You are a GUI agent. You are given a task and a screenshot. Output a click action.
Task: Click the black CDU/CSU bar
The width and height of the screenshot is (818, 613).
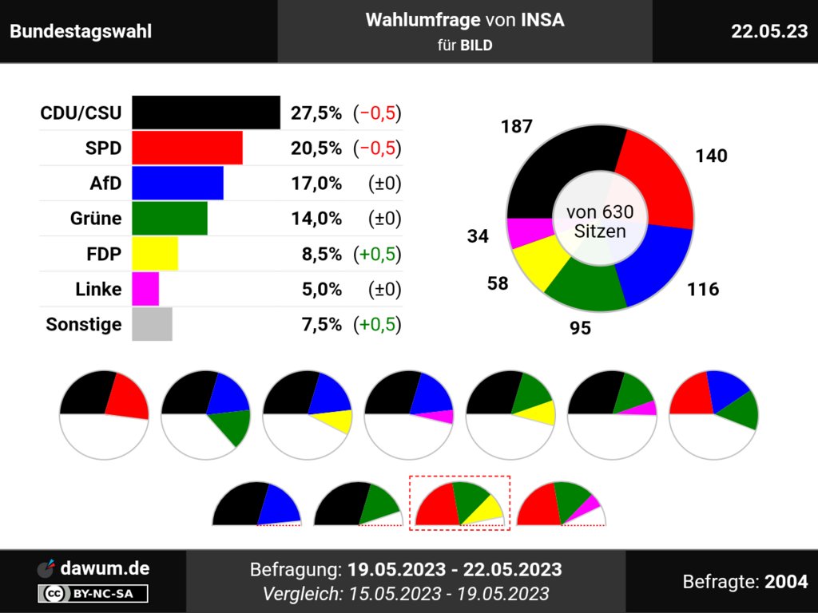click(x=205, y=113)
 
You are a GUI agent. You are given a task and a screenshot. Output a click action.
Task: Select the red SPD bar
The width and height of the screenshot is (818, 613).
click(x=187, y=148)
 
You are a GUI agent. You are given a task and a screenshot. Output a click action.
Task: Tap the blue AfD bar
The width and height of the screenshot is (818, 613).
click(x=177, y=183)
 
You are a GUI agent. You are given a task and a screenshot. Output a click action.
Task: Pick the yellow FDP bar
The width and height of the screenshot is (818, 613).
click(x=155, y=254)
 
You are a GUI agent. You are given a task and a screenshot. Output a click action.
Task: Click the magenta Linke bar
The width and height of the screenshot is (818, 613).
click(x=145, y=289)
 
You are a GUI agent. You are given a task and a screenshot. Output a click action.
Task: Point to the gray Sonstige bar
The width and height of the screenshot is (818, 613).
click(x=152, y=324)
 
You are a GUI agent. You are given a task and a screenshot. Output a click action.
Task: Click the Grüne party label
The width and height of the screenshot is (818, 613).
click(x=96, y=219)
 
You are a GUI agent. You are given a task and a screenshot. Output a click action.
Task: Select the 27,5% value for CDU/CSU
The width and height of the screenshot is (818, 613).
click(x=316, y=113)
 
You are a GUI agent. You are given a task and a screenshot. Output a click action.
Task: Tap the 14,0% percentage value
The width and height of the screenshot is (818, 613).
click(x=316, y=219)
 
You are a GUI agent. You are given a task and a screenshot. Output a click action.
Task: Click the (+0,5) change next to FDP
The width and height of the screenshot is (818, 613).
click(x=377, y=254)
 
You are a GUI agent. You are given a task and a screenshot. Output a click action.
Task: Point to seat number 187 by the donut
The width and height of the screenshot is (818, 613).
click(x=517, y=127)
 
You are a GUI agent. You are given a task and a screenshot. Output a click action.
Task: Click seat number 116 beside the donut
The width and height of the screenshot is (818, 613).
click(x=703, y=289)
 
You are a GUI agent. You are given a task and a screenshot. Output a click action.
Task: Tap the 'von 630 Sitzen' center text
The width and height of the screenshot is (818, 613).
click(x=599, y=222)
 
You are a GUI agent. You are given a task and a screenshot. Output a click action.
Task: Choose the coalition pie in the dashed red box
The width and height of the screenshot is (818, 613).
click(x=459, y=503)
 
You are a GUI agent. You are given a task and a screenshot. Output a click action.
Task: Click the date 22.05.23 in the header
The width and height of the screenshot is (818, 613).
click(x=768, y=31)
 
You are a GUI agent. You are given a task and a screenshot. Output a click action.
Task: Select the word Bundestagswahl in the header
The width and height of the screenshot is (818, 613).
click(x=81, y=32)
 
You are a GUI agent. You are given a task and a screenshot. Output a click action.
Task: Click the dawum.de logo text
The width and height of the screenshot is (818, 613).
click(x=104, y=569)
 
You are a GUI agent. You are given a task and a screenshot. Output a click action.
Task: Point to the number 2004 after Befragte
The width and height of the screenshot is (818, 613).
click(x=786, y=582)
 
